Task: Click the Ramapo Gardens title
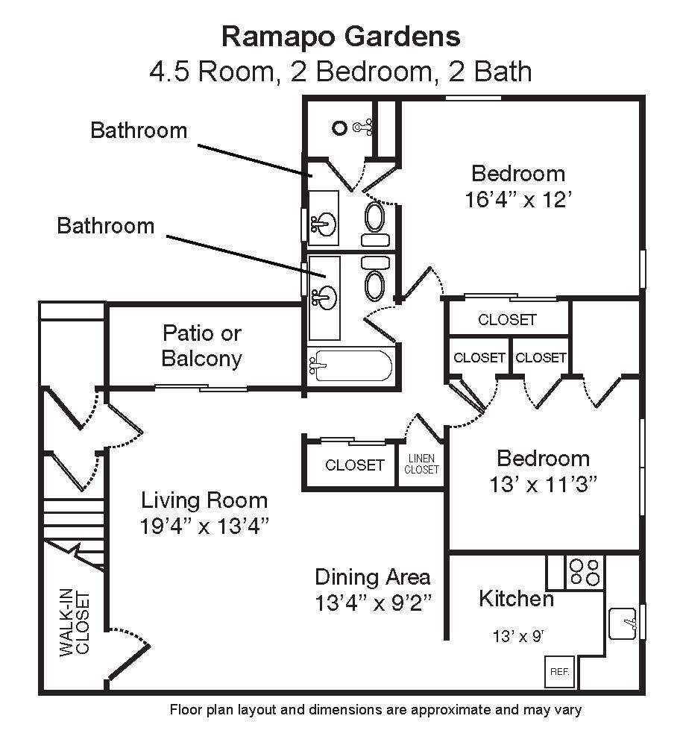coord(341,36)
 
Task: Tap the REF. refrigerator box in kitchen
coord(559,671)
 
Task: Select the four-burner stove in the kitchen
coord(585,571)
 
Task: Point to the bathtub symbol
coord(351,365)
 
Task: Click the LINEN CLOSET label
coord(421,464)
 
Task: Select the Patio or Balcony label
coord(201,346)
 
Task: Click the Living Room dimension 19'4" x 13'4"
coord(204,525)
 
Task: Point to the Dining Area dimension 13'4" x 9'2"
coord(372,601)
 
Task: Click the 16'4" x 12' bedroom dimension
coord(518,200)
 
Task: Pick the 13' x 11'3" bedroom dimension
coord(543,484)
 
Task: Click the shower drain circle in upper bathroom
coord(339,128)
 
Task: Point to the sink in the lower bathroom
coord(324,297)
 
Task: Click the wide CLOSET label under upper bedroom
coord(507,320)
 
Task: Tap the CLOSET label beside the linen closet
coord(355,465)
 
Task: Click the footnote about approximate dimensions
coord(376,710)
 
